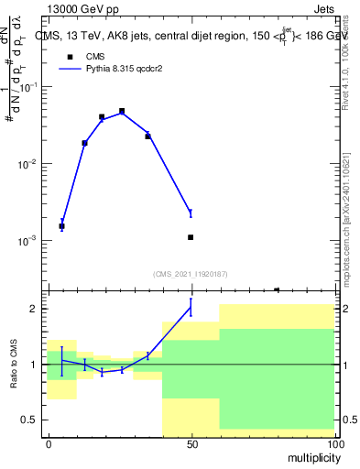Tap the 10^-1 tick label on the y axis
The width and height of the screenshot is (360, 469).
click(29, 87)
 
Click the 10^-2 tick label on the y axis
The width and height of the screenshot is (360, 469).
click(29, 164)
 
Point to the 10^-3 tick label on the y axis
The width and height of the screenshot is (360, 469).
click(29, 241)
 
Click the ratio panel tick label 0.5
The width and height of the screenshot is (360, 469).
click(32, 420)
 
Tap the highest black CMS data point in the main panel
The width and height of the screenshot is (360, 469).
click(122, 111)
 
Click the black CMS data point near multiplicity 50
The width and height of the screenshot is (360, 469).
click(191, 237)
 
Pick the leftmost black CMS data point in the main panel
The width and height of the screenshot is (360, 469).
click(61, 225)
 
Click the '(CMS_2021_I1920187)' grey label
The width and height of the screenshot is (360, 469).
click(191, 273)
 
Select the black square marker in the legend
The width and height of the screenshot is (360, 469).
click(70, 57)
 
